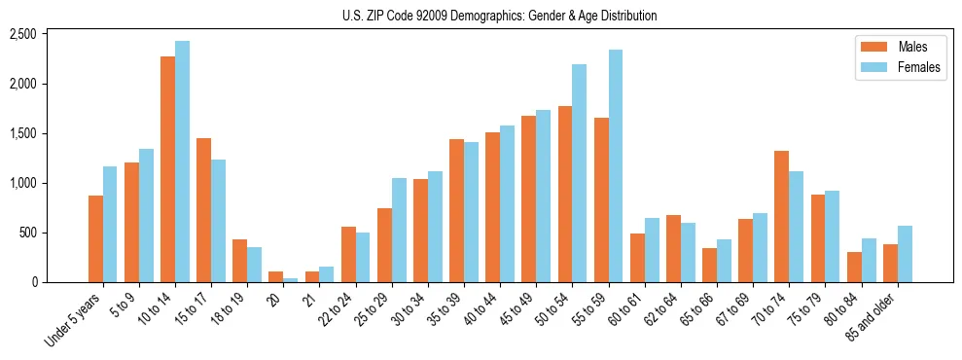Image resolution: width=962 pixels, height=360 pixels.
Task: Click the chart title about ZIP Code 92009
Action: coord(499,16)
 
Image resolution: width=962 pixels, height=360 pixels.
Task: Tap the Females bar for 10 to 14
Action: coord(182,162)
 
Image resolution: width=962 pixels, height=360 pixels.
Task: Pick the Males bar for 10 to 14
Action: coord(168,169)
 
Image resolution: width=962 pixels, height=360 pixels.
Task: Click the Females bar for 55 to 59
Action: coord(616,165)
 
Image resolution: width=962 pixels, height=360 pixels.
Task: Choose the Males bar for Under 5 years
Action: coord(95,238)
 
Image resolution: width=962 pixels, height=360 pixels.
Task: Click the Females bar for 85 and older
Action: coord(905,254)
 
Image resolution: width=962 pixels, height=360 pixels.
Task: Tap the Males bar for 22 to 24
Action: coord(348,254)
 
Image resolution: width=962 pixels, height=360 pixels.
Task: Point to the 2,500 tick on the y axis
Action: coord(22,34)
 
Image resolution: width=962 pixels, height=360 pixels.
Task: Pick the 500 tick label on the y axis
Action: coord(27,233)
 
